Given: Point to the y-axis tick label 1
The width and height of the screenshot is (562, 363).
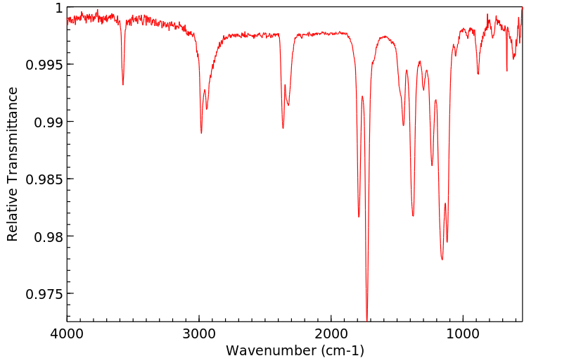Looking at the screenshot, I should pyautogui.click(x=58, y=8).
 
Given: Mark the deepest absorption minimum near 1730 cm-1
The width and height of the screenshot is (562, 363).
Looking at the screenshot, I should pyautogui.click(x=367, y=318).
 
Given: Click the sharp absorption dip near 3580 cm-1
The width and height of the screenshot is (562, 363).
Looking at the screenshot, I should pyautogui.click(x=123, y=84).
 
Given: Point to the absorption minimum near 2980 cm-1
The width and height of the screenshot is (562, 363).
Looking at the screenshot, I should pyautogui.click(x=201, y=133).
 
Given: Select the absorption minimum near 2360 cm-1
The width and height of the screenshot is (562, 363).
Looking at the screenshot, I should pyautogui.click(x=283, y=128).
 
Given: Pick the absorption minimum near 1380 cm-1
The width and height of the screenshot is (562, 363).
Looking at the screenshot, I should pyautogui.click(x=413, y=215).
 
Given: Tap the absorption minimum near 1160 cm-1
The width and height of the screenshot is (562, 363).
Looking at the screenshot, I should pyautogui.click(x=442, y=259).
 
